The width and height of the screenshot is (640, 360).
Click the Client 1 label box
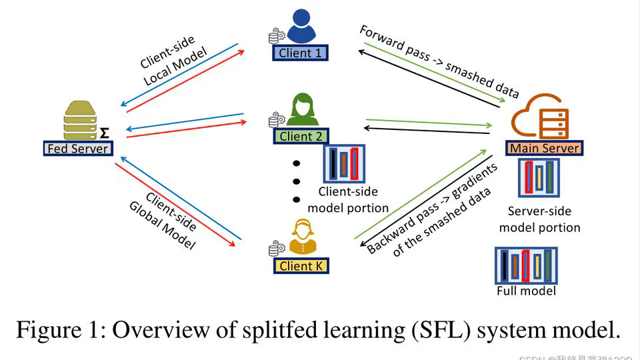click(x=300, y=53)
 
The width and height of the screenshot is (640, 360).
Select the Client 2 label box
click(x=301, y=136)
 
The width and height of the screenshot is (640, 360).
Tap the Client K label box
click(x=301, y=266)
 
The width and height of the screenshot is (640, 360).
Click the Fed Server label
click(x=77, y=149)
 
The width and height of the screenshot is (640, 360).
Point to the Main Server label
click(x=544, y=148)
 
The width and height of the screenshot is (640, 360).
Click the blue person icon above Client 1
click(x=301, y=27)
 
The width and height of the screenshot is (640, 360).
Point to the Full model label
click(x=526, y=291)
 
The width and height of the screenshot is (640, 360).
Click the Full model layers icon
click(x=526, y=265)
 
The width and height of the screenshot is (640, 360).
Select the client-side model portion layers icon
click(x=343, y=163)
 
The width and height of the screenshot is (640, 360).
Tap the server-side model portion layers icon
click(x=539, y=178)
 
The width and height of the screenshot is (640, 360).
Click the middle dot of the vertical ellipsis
click(x=297, y=181)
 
